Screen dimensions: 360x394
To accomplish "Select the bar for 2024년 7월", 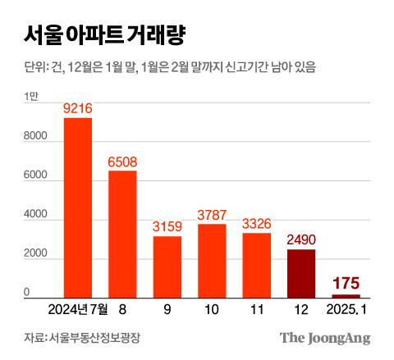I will [78, 207].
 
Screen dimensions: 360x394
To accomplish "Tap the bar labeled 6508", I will [122, 234].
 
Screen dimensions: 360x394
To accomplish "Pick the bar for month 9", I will [167, 267].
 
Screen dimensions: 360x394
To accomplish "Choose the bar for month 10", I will [212, 260].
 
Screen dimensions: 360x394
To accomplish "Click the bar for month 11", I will [257, 265].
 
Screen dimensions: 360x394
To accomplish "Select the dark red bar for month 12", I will [301, 273].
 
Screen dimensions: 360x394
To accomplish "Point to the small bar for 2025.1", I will [346, 295].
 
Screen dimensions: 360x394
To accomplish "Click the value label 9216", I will [78, 108].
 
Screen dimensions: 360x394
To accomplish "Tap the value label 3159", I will [167, 226].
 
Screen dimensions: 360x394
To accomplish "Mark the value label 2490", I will [301, 239].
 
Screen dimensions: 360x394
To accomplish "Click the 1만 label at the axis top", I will [31, 97].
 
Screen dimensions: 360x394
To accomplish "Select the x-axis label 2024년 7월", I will [79, 310].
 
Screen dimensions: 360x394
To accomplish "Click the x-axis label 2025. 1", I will [346, 310].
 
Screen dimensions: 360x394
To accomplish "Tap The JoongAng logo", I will [325, 338].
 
